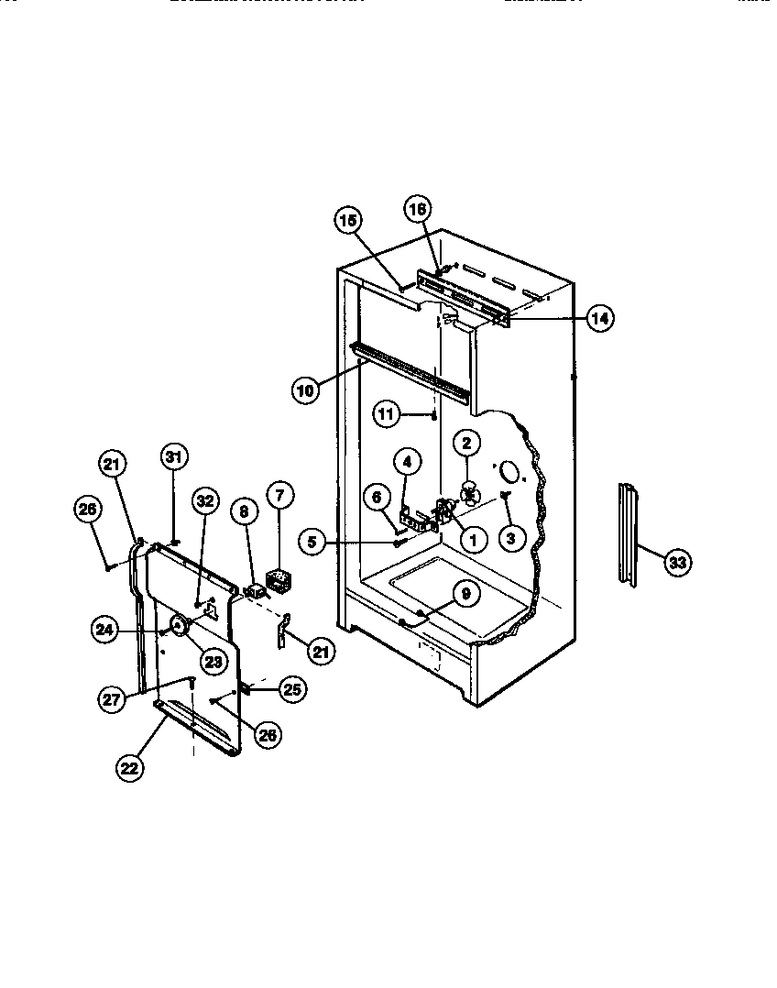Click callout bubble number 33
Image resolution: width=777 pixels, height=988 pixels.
pyautogui.click(x=676, y=563)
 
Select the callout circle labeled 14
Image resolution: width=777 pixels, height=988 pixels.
pyautogui.click(x=599, y=319)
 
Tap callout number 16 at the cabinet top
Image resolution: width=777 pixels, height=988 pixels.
pyautogui.click(x=417, y=210)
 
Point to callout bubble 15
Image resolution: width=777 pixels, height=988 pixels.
pyautogui.click(x=348, y=220)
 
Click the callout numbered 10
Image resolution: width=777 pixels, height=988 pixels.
pyautogui.click(x=306, y=390)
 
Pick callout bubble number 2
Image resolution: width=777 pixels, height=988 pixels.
pyautogui.click(x=465, y=443)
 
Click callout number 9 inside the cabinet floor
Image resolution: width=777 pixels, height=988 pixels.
pyautogui.click(x=465, y=594)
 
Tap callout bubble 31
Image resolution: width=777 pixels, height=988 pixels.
pyautogui.click(x=173, y=456)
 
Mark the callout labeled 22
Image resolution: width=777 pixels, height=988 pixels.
pyautogui.click(x=130, y=768)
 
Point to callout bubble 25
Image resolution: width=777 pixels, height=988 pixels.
pyautogui.click(x=293, y=689)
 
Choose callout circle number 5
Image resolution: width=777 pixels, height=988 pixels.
pyautogui.click(x=312, y=543)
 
